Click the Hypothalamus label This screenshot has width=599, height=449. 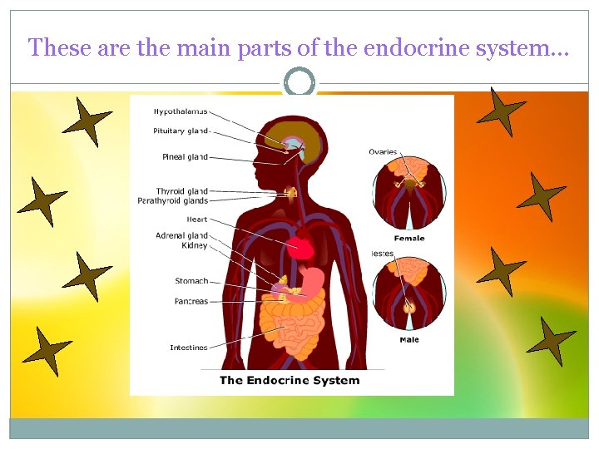tap(181, 111)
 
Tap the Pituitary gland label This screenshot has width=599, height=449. tap(181, 131)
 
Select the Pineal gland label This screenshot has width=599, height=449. tap(185, 156)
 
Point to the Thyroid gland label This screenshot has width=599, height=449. tap(181, 191)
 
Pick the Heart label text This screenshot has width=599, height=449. tap(197, 220)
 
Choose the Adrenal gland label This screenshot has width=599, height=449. tap(181, 236)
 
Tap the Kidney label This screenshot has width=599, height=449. tap(195, 245)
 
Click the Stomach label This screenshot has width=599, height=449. tap(191, 281)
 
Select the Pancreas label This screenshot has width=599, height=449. tap(191, 301)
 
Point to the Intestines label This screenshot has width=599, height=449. tap(188, 348)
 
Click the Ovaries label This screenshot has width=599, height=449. tap(383, 151)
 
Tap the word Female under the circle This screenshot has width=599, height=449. tap(408, 239)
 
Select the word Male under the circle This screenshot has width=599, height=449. tap(408, 339)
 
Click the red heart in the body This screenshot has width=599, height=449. tap(300, 247)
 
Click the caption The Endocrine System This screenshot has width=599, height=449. tap(290, 381)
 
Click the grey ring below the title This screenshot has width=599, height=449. tap(299, 82)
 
